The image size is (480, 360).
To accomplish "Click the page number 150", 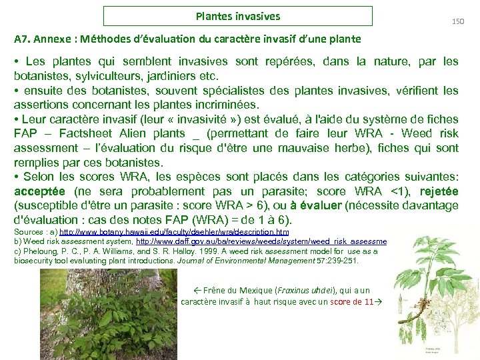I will [457, 22].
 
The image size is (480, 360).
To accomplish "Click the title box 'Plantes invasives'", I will [238, 16].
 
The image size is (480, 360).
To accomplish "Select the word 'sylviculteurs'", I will [97, 76].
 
